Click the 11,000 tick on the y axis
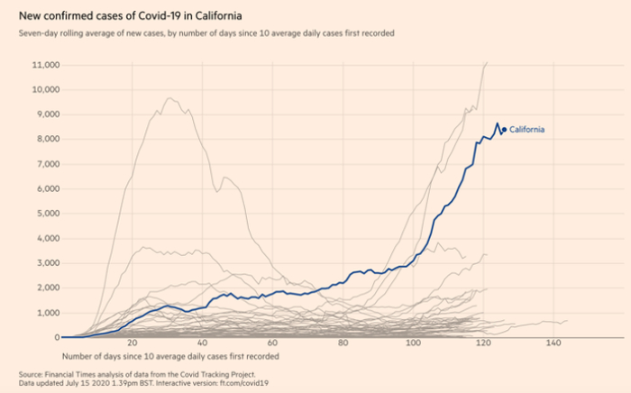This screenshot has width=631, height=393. coord(45,66)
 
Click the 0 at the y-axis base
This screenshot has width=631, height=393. coord(56,337)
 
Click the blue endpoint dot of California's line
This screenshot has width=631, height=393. coord(504,130)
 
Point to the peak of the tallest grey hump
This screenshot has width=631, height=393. coord(169,97)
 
